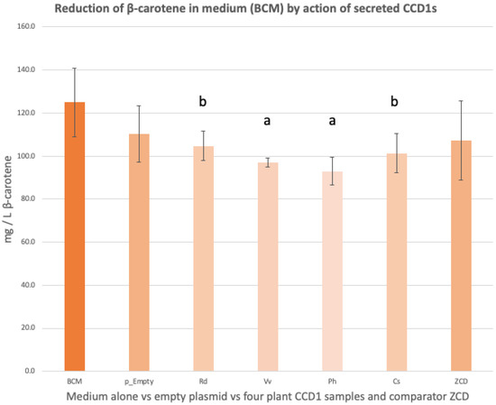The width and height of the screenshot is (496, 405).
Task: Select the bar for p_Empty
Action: (x=138, y=253)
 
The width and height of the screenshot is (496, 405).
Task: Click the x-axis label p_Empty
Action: (x=138, y=382)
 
